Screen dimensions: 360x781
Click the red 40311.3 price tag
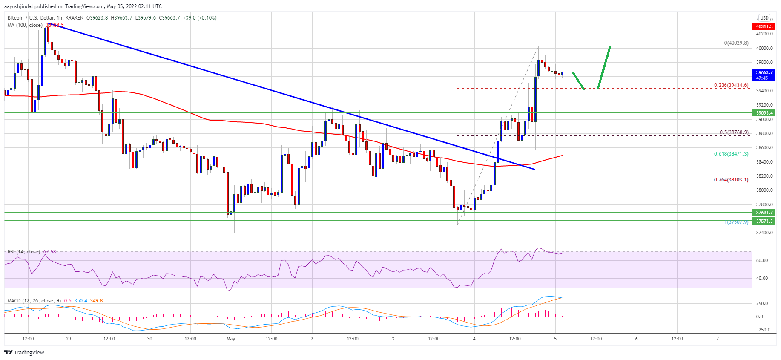coord(764,26)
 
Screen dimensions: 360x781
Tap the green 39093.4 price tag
coord(764,113)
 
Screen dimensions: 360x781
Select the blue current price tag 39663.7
coord(764,75)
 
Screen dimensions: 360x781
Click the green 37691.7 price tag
coord(764,212)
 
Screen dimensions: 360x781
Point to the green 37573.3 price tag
coord(764,221)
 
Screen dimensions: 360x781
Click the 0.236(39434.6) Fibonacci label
coord(731,86)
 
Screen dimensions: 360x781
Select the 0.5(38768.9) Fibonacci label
coord(734,132)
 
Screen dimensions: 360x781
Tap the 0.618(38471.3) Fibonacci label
coord(731,154)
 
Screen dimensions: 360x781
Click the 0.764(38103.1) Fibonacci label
coord(731,180)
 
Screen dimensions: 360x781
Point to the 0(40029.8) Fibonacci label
coord(736,43)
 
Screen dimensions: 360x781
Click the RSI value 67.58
coord(49,252)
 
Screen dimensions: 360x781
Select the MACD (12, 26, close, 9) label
coord(34,301)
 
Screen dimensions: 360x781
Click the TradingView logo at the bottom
coord(24,352)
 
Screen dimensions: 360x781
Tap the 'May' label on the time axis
coord(231,339)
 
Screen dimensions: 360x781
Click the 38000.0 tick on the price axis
coord(764,190)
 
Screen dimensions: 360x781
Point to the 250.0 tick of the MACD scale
coord(762,304)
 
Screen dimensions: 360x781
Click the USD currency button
coord(764,18)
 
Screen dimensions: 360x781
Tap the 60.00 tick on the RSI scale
coord(762,260)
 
